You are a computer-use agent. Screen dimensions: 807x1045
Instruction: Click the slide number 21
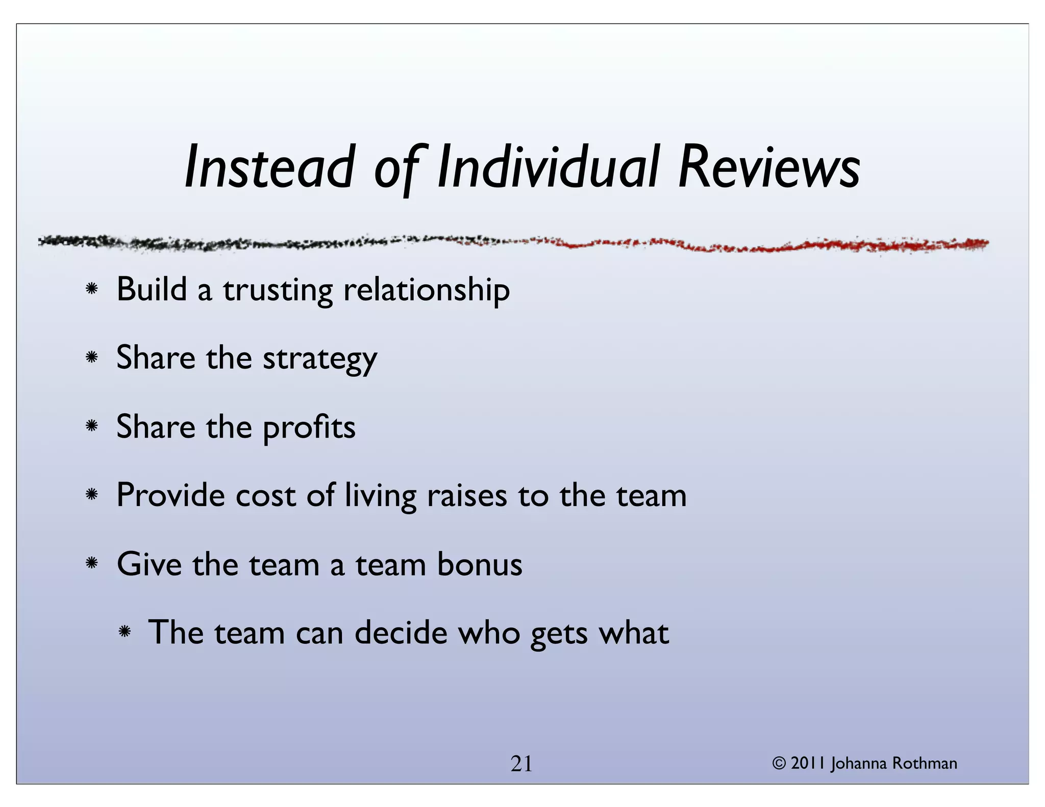(521, 764)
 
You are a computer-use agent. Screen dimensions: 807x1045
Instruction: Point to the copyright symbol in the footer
(779, 764)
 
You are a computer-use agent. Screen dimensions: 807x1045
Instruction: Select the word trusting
(278, 290)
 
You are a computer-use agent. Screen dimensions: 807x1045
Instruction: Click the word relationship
(427, 290)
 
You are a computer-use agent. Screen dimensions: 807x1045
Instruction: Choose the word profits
(309, 427)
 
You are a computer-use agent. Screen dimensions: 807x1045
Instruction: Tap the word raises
(467, 496)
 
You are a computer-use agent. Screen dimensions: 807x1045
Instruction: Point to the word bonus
(480, 565)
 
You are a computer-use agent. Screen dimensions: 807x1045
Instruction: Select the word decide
(401, 633)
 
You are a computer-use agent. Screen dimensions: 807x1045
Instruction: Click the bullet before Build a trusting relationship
(92, 289)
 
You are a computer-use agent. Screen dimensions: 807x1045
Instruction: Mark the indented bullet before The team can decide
(124, 633)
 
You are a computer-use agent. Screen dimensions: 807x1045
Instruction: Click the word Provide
(170, 495)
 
